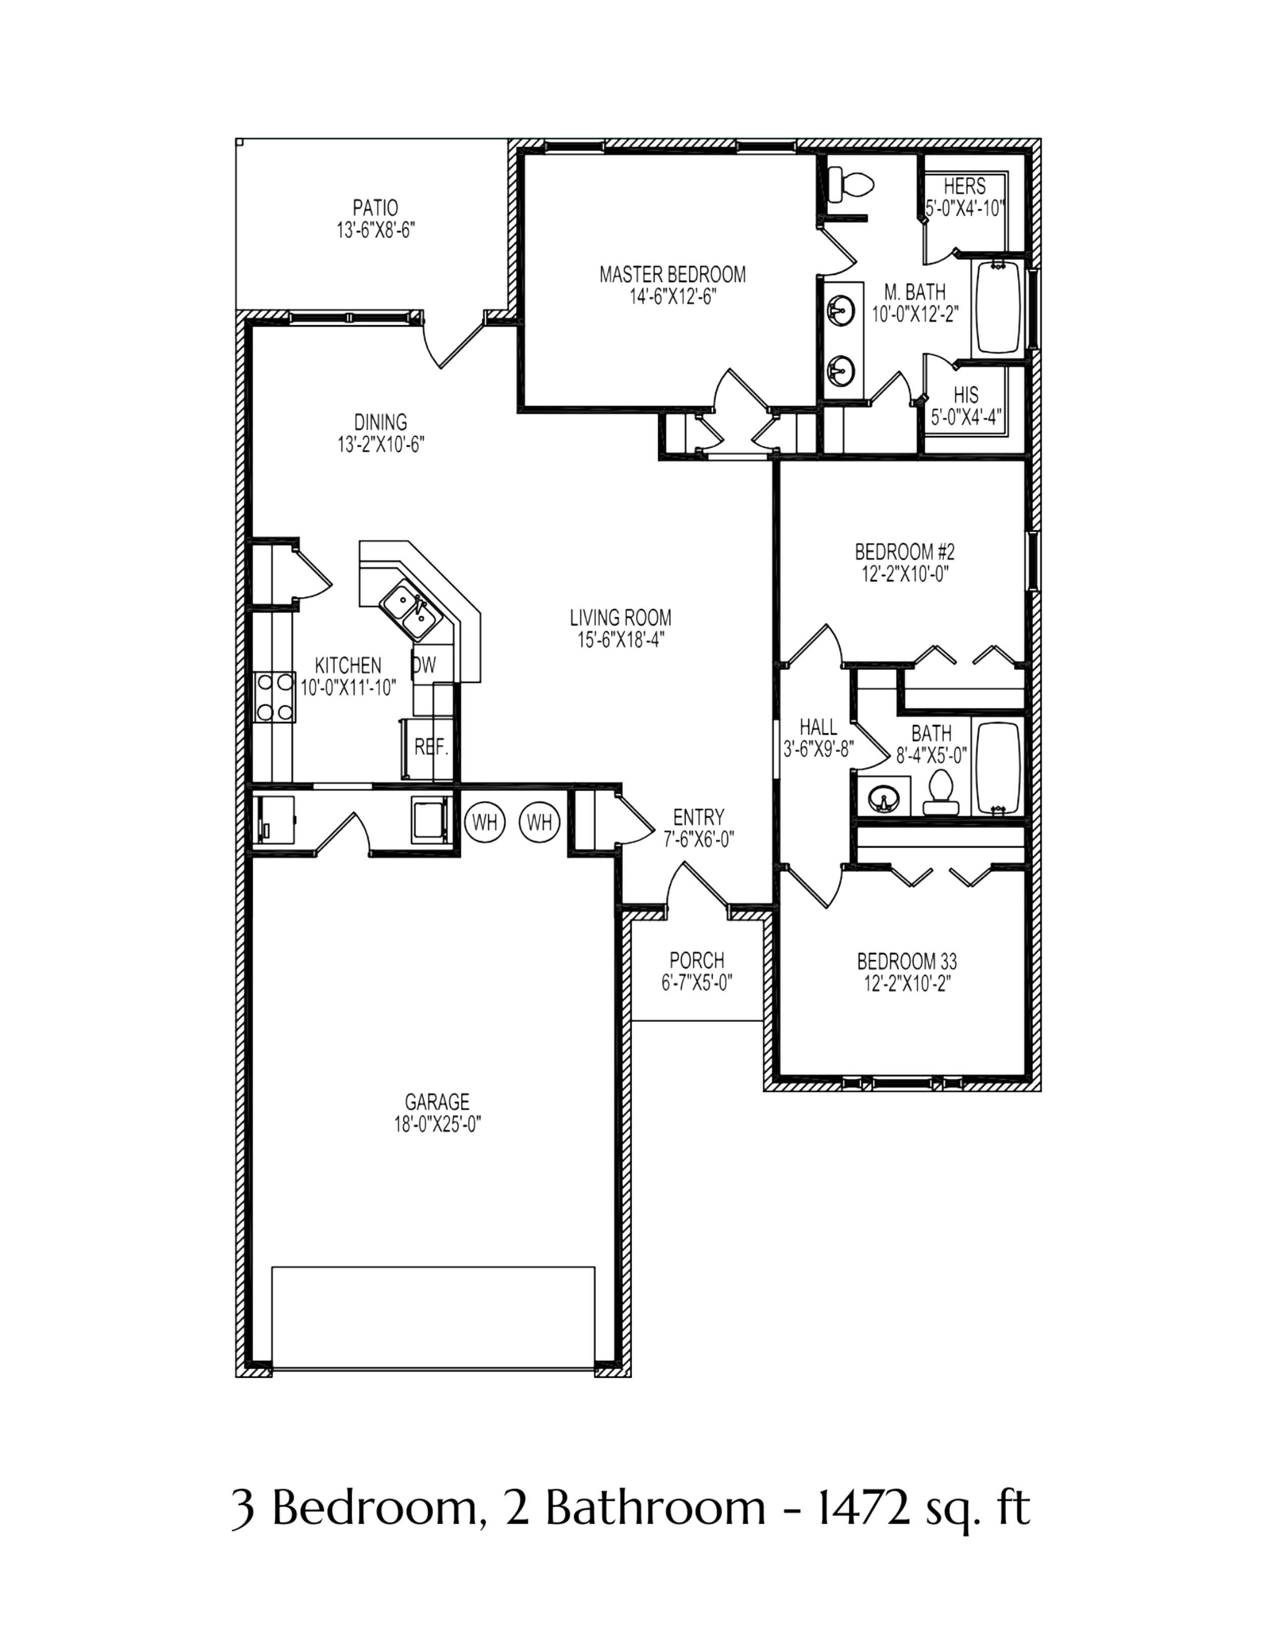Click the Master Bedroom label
coord(672,275)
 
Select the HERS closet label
coord(964,185)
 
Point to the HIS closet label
coord(966,394)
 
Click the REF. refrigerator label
coord(430,746)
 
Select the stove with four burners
coord(275,698)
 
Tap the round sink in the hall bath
coord(884,800)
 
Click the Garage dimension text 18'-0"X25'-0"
coord(437,1124)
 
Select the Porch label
coord(697,959)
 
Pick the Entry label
coord(698,816)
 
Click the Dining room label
coord(381,422)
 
